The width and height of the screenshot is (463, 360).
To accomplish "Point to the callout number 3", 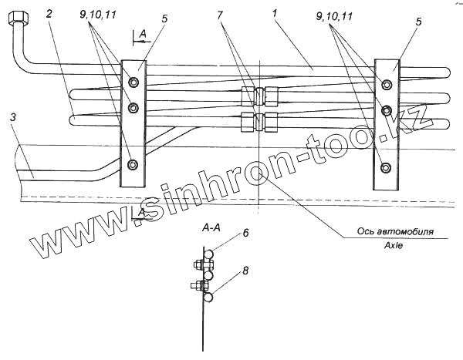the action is click(13, 118).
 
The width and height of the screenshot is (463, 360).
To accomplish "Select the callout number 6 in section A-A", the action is click(245, 232).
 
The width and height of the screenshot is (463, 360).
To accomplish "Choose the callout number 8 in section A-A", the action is click(245, 271).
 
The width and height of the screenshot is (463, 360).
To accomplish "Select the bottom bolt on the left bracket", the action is click(133, 163).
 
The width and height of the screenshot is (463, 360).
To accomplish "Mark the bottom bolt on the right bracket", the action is click(385, 167).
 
